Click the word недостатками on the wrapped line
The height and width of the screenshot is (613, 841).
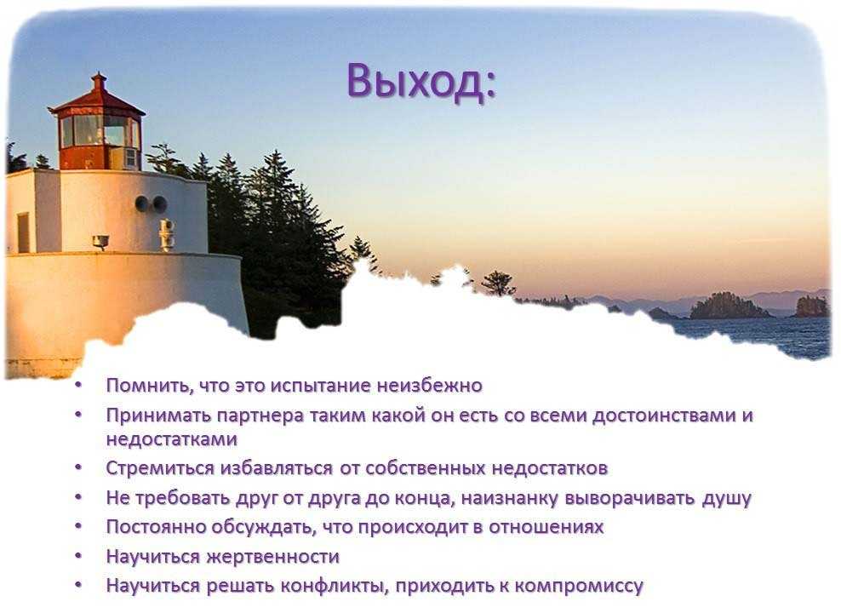point(172,439)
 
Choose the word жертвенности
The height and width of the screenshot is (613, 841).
point(273,557)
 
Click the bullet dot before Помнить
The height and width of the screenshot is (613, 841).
point(79,385)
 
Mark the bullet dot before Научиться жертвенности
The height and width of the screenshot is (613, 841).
point(79,556)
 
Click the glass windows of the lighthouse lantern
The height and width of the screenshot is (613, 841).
point(100,131)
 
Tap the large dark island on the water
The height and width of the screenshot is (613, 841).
point(729,306)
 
